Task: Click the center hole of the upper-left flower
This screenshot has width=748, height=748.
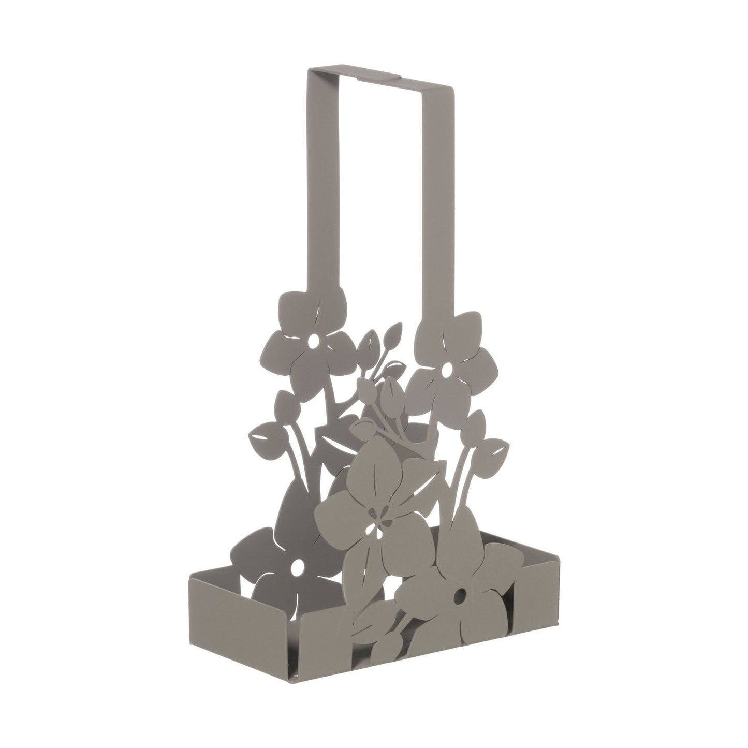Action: click(x=314, y=343)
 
